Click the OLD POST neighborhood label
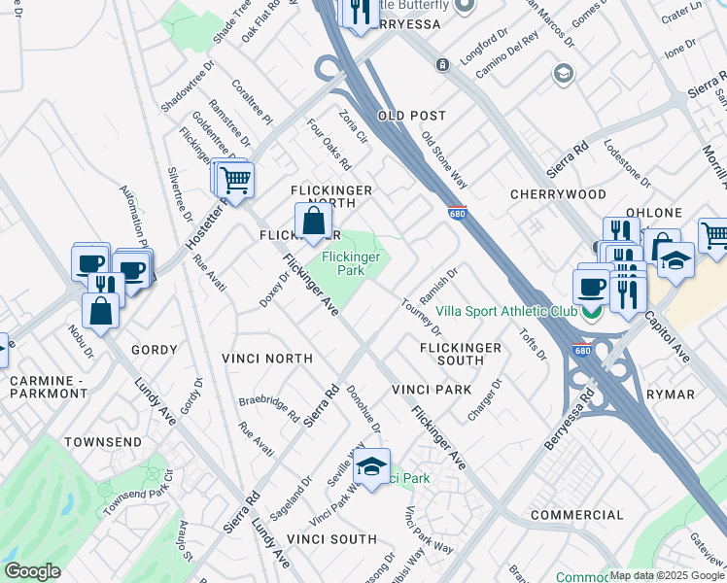[x=411, y=116]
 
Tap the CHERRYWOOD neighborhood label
[x=559, y=194]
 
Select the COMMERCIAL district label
[x=575, y=514]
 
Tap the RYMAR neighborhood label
[x=671, y=394]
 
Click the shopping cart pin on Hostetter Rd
[x=234, y=180]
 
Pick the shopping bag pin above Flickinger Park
[x=313, y=222]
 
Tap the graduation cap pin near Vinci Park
[x=370, y=467]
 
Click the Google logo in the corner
[x=32, y=571]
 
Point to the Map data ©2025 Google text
[x=667, y=575]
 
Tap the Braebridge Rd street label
[x=270, y=407]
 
